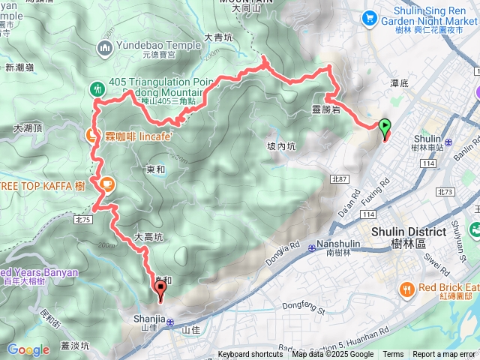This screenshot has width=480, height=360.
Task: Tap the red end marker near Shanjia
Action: (160, 289)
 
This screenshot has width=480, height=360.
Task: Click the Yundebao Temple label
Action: (159, 45)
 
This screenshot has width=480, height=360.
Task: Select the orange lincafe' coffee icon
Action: (91, 135)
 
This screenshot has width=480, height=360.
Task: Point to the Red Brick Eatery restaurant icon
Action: (406, 288)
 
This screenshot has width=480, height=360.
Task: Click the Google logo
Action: (28, 349)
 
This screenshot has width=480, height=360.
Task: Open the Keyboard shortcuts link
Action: (250, 355)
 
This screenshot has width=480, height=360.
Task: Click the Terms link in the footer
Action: (393, 355)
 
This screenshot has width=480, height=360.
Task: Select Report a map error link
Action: (444, 355)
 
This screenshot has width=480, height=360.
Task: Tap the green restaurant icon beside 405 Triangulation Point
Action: (97, 88)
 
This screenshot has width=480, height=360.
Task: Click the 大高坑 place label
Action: (148, 237)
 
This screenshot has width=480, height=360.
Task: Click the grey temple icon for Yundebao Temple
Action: (104, 49)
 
